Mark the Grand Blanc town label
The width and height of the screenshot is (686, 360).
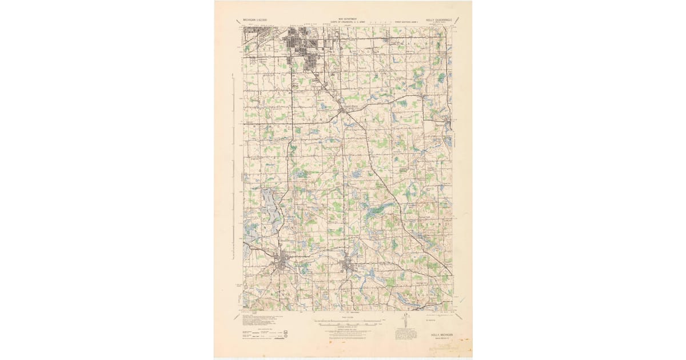click(350, 106)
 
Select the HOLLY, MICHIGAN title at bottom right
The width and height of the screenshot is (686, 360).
click(438, 334)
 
